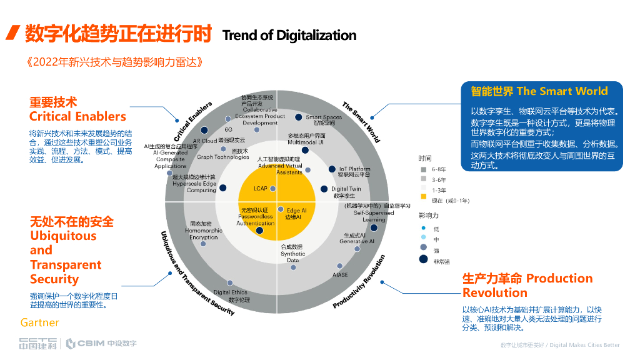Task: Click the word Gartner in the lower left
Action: (39, 322)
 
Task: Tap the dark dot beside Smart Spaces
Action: (299, 117)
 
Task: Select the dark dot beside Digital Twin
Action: (324, 189)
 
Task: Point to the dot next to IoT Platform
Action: (332, 169)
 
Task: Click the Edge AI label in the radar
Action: (296, 214)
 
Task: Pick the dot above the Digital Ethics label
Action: (230, 283)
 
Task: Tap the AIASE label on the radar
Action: (340, 274)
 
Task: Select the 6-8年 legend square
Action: (423, 169)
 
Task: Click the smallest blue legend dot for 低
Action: (423, 228)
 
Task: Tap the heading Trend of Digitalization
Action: (289, 35)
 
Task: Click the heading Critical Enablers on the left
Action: (77, 116)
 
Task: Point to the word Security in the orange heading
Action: (54, 279)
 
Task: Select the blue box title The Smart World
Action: (562, 91)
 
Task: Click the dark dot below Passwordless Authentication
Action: (259, 231)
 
